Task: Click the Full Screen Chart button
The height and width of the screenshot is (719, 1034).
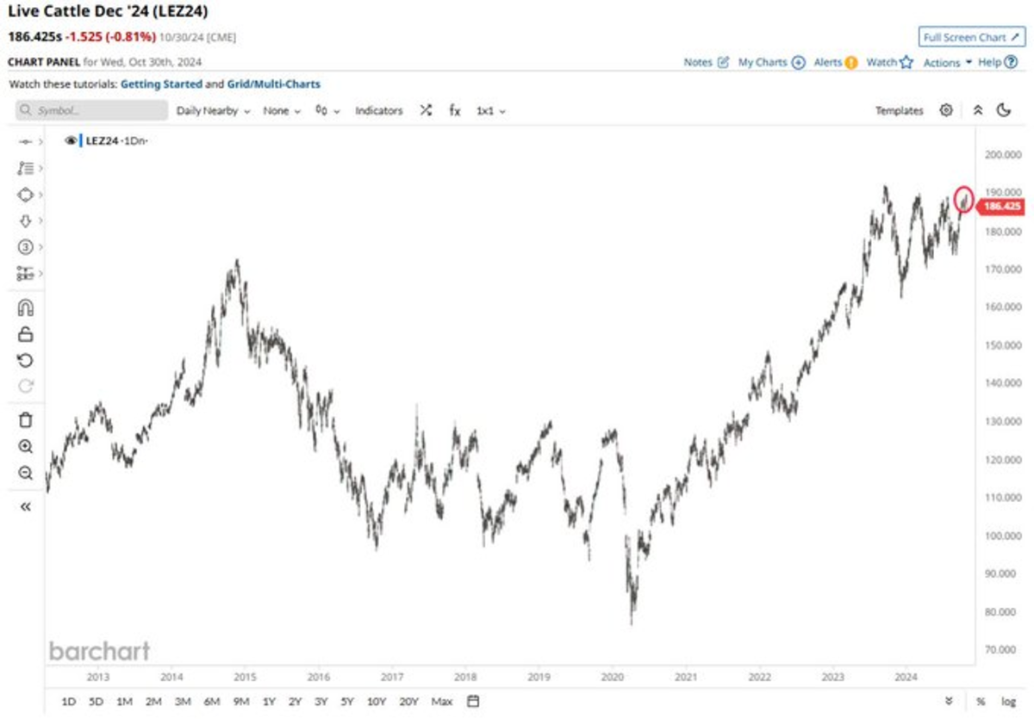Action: [969, 37]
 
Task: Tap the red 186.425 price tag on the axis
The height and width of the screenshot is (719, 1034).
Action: [1001, 206]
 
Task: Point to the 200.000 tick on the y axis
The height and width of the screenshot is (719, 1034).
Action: [1002, 155]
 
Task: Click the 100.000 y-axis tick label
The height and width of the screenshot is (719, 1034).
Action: [1002, 536]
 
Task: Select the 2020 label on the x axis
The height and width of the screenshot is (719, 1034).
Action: [613, 677]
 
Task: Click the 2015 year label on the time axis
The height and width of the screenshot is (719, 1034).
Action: [245, 677]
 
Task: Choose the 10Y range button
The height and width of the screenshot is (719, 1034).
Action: [377, 702]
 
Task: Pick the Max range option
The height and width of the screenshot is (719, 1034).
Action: [442, 702]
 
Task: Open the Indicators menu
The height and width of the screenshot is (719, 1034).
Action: [379, 111]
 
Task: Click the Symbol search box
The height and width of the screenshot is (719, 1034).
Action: [92, 111]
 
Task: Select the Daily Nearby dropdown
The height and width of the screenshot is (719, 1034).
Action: [213, 111]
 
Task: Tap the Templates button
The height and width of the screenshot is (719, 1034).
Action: [899, 111]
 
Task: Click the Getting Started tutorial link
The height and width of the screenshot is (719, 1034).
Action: [161, 84]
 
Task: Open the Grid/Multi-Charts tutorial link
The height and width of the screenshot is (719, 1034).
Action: [274, 84]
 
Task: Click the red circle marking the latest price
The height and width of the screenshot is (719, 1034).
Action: [964, 199]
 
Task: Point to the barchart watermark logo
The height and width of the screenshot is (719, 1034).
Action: [99, 651]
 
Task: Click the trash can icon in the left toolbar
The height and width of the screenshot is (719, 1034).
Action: [26, 420]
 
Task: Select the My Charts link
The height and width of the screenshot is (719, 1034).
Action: [771, 63]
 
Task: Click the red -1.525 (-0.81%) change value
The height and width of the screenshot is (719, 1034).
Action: [110, 37]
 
